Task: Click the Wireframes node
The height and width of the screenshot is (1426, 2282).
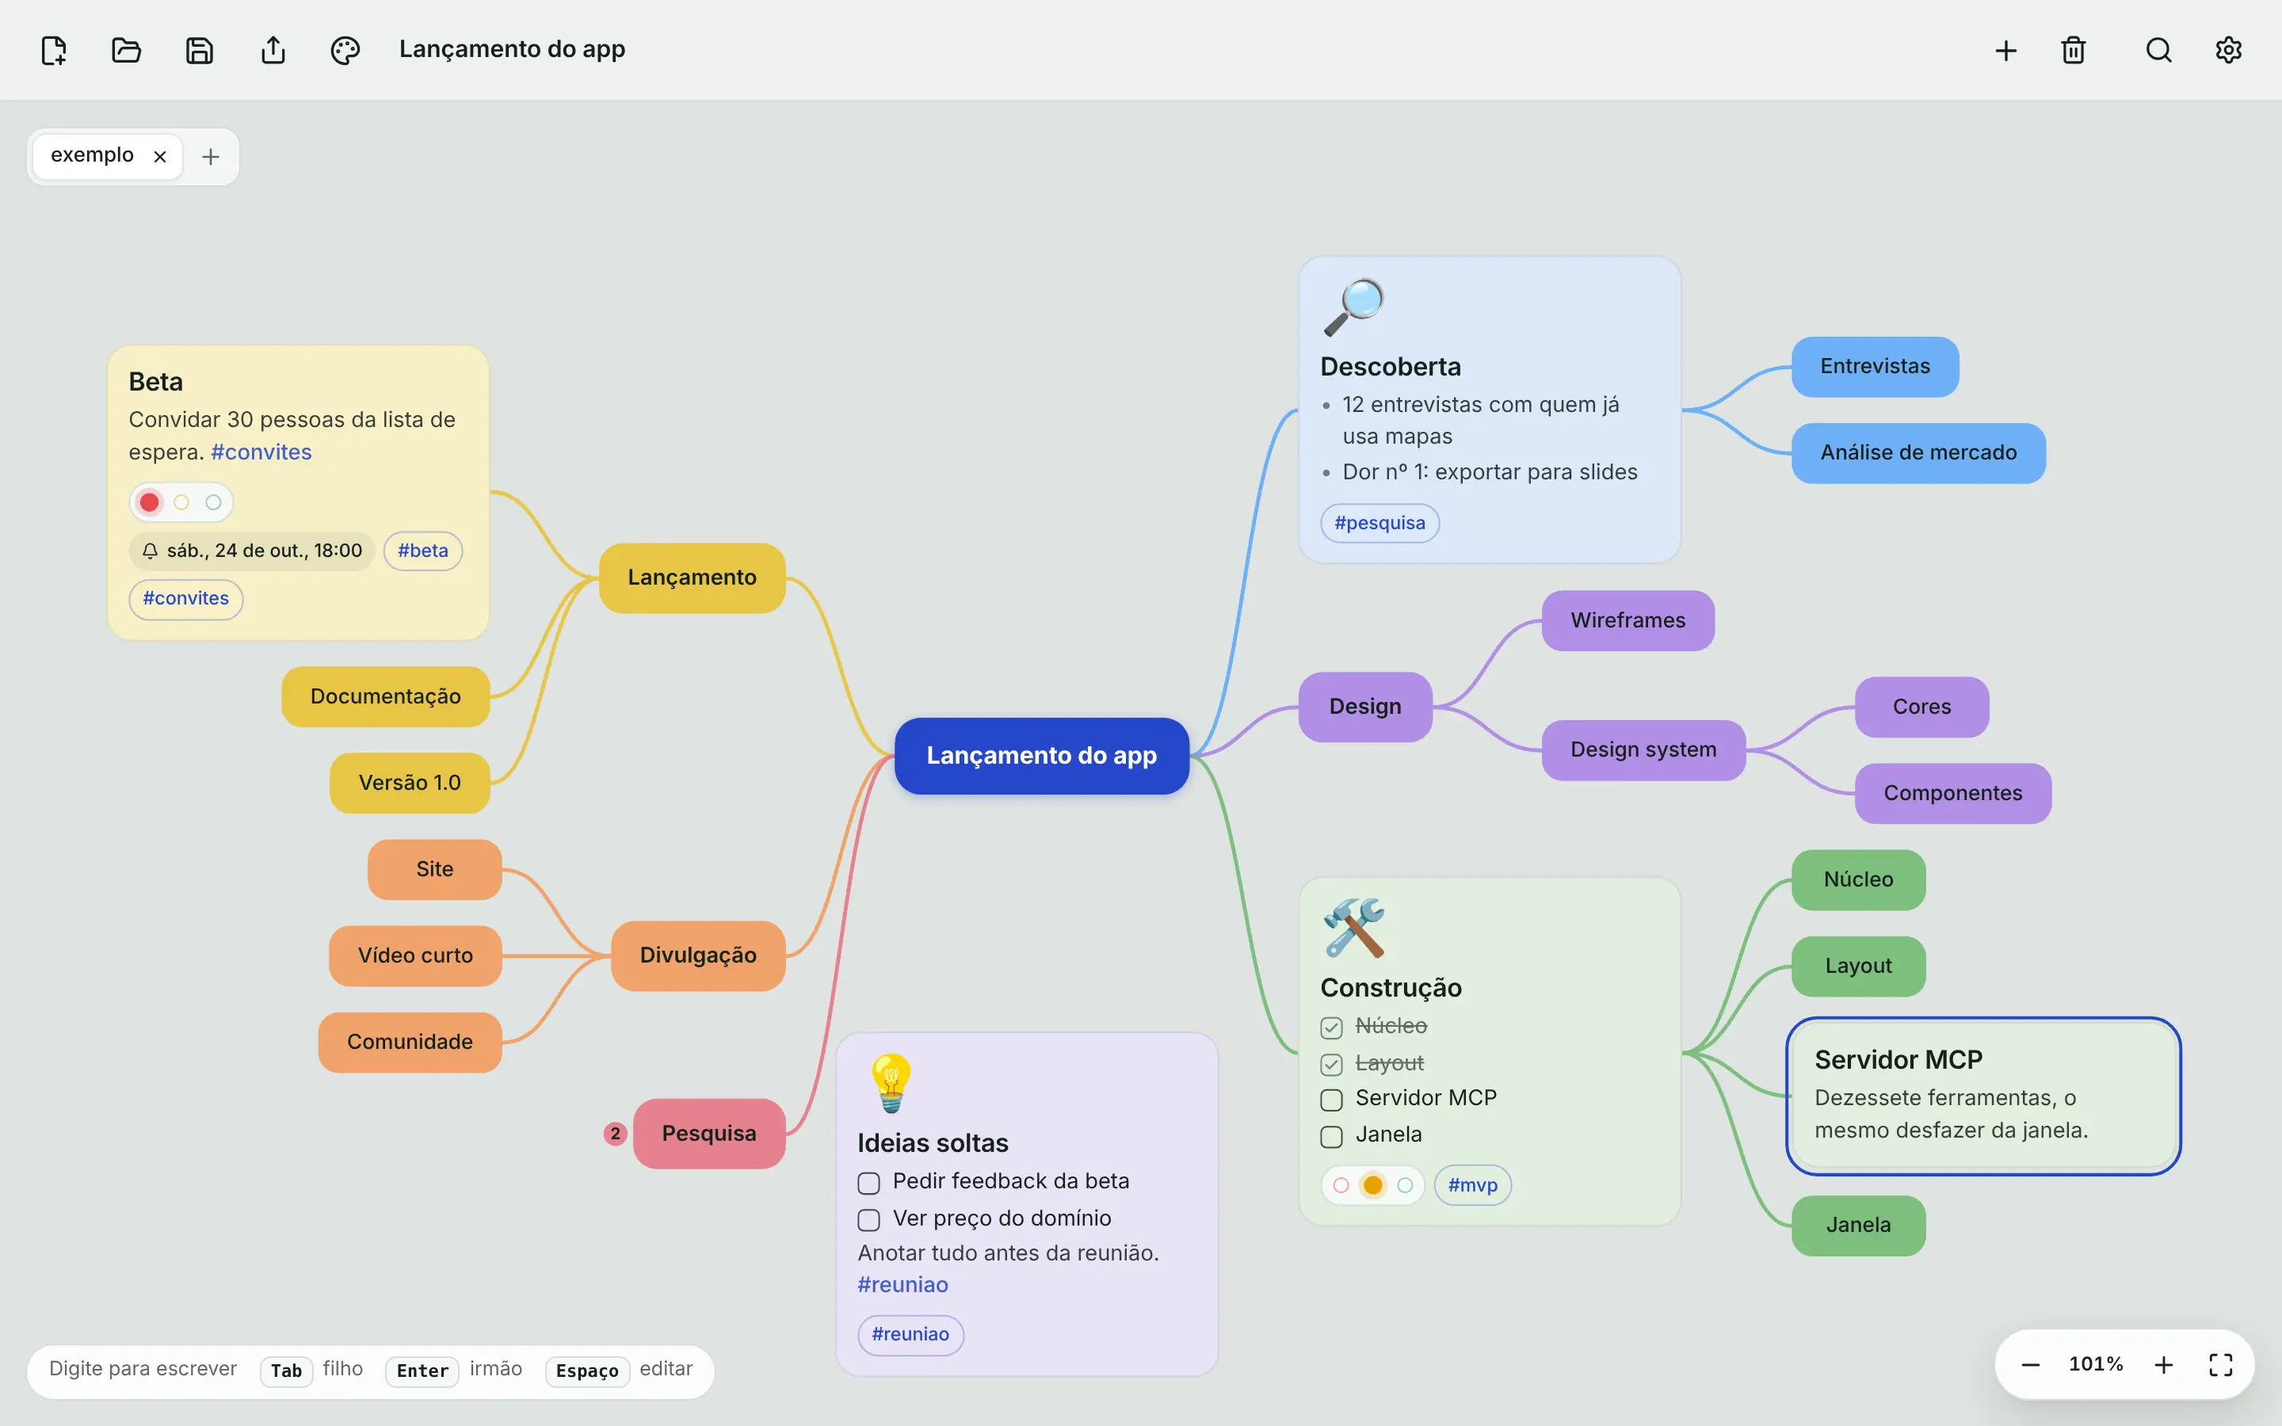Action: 1628,620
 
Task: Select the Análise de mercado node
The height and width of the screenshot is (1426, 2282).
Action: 1918,452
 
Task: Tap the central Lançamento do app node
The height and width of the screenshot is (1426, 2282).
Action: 1041,756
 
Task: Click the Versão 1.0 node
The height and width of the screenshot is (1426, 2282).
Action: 409,783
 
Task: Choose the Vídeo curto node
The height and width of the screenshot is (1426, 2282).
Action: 415,955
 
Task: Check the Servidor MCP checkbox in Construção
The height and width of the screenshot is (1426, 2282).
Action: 1331,1100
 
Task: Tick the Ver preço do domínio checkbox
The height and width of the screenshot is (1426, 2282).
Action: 868,1219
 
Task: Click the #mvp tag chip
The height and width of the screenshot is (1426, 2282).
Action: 1472,1185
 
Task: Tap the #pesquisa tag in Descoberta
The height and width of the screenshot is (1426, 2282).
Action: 1380,524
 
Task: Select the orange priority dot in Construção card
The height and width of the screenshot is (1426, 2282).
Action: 1373,1185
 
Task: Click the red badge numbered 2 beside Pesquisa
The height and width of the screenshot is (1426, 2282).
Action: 615,1134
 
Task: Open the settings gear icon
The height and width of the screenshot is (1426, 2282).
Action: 2228,50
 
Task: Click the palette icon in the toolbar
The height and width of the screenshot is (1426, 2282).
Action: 345,50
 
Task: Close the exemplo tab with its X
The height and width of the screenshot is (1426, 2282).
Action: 160,157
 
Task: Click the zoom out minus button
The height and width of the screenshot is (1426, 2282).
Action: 2030,1365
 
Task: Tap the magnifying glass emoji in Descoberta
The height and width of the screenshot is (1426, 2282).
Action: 1353,307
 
